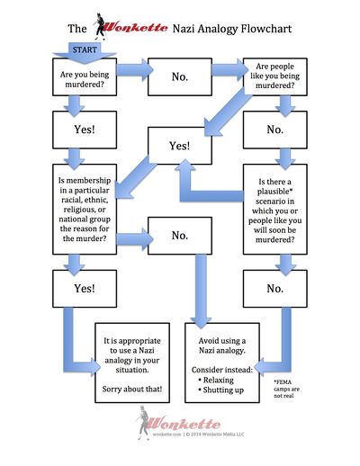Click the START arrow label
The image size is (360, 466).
pos(85,49)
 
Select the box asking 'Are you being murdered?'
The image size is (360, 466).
pos(85,77)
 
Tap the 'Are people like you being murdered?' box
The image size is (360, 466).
pos(275,77)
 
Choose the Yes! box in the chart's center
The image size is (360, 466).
pos(180,146)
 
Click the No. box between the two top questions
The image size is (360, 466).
pos(180,77)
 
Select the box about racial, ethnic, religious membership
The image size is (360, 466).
pos(85,210)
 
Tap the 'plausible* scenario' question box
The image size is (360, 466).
pos(275,210)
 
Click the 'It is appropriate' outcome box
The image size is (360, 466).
pos(132,363)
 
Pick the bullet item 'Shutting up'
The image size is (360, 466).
pos(221,390)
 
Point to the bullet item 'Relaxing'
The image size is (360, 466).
pos(216,380)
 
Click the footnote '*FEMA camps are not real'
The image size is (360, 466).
pos(286,389)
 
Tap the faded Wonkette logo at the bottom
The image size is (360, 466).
pos(178,424)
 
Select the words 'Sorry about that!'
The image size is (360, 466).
pos(132,390)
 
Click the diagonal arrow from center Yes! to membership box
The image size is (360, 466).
pos(136,177)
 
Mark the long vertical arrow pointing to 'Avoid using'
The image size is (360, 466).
pos(201,291)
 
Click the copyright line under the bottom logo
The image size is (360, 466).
pos(198,435)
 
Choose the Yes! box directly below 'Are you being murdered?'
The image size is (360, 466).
pos(85,130)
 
